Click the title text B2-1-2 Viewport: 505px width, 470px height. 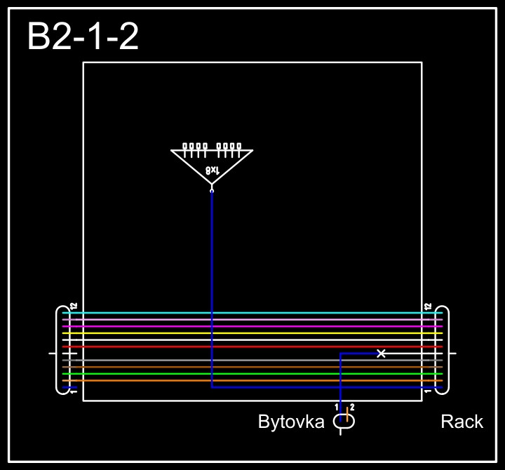[x=83, y=36]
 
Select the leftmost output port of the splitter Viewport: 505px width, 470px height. [x=185, y=147]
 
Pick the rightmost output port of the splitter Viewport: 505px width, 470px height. [x=238, y=147]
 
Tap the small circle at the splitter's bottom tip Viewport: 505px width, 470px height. [x=212, y=189]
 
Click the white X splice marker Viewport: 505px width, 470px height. [x=381, y=354]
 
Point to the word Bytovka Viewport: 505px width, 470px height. [x=291, y=422]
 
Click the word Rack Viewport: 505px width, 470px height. [x=462, y=422]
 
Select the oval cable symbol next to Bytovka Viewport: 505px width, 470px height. [x=344, y=421]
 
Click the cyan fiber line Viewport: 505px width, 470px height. [x=252, y=313]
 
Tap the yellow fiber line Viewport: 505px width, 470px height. [x=252, y=333]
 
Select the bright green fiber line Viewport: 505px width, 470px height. [x=252, y=374]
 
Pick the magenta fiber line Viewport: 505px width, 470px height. [x=252, y=326]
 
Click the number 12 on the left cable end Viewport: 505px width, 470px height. [x=73, y=307]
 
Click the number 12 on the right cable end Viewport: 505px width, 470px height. [x=427, y=307]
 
